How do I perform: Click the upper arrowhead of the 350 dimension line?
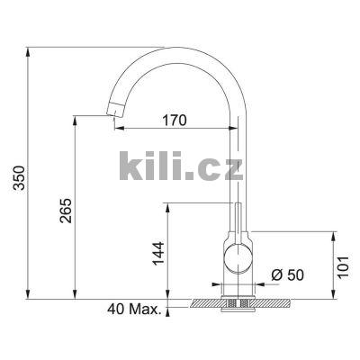(x=30, y=47)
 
